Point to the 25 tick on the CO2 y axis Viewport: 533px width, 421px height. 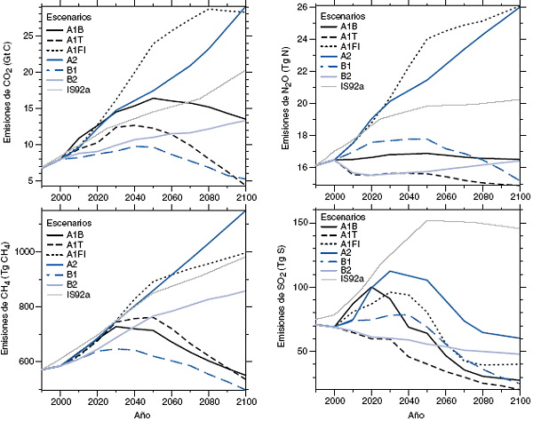point(28,36)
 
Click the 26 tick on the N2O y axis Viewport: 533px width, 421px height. point(300,8)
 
